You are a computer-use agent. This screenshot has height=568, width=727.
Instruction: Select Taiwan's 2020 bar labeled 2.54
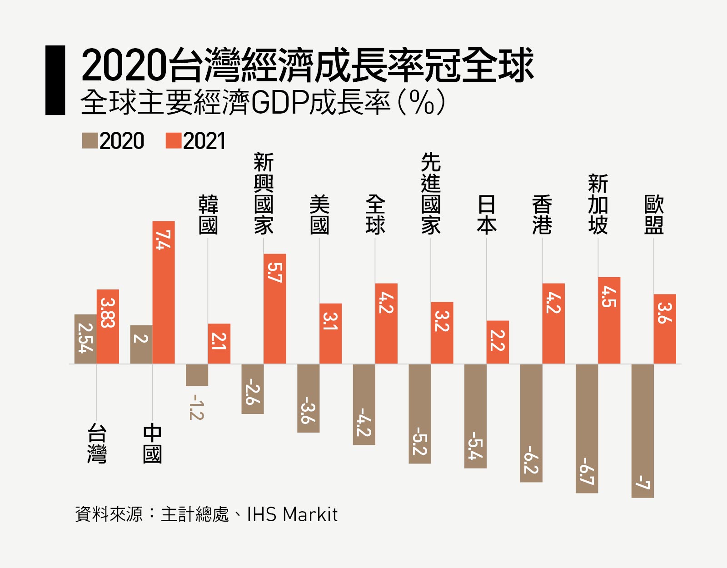point(85,339)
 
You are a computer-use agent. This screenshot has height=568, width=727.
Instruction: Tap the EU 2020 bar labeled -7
point(642,430)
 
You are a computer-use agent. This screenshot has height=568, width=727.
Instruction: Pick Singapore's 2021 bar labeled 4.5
point(609,320)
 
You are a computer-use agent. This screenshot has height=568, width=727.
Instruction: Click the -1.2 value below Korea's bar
point(197,407)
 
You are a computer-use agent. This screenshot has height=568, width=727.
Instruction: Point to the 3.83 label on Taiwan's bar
point(108,313)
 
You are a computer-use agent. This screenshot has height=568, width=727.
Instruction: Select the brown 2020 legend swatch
point(90,141)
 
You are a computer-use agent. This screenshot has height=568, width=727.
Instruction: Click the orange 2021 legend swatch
point(174,141)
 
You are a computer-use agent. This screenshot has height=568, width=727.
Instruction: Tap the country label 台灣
point(97,443)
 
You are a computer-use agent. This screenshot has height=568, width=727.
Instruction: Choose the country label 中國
point(152,443)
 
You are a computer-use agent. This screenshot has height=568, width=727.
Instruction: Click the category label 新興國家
point(264,194)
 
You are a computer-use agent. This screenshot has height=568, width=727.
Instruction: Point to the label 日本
point(487,214)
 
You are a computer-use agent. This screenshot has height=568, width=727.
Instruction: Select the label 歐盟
point(654,214)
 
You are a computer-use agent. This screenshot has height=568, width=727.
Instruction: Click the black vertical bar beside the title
point(55,80)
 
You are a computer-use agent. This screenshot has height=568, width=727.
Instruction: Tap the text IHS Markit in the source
point(292,515)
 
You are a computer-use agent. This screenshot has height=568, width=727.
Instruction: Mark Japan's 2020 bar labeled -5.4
point(475,416)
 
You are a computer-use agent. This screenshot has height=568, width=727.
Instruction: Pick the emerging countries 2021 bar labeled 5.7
point(275,309)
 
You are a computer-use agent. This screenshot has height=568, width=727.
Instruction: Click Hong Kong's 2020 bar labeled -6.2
point(531,423)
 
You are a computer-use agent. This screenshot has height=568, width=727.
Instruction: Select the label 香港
point(543,214)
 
